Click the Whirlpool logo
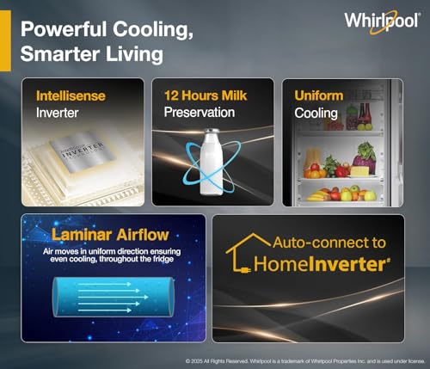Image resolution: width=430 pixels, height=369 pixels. click(383, 22)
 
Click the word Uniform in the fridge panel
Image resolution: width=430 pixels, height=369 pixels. click(320, 95)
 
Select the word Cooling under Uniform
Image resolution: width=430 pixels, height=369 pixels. click(316, 113)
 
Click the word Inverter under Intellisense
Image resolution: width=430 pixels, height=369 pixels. click(57, 113)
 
